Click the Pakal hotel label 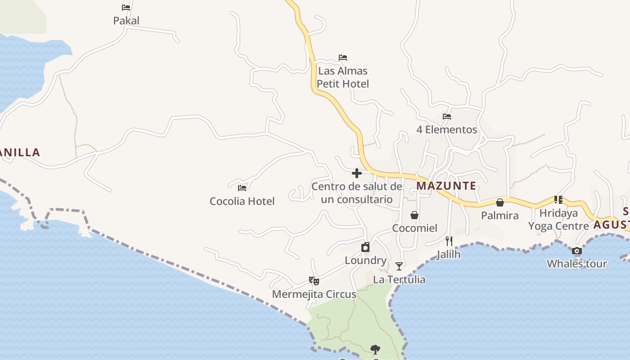126,21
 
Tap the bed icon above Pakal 126,8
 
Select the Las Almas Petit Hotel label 343,77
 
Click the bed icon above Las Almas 343,58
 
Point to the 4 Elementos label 446,130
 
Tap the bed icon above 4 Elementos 447,116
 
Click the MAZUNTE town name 446,186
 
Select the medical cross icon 357,173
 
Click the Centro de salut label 357,193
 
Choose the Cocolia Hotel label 242,201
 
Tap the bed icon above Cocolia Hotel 242,188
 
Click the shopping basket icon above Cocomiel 414,215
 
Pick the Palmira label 499,216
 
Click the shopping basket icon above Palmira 499,202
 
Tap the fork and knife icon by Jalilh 449,241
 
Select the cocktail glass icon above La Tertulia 399,266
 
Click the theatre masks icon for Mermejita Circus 314,281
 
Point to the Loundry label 365,261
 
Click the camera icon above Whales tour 577,251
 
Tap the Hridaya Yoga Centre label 558,220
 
